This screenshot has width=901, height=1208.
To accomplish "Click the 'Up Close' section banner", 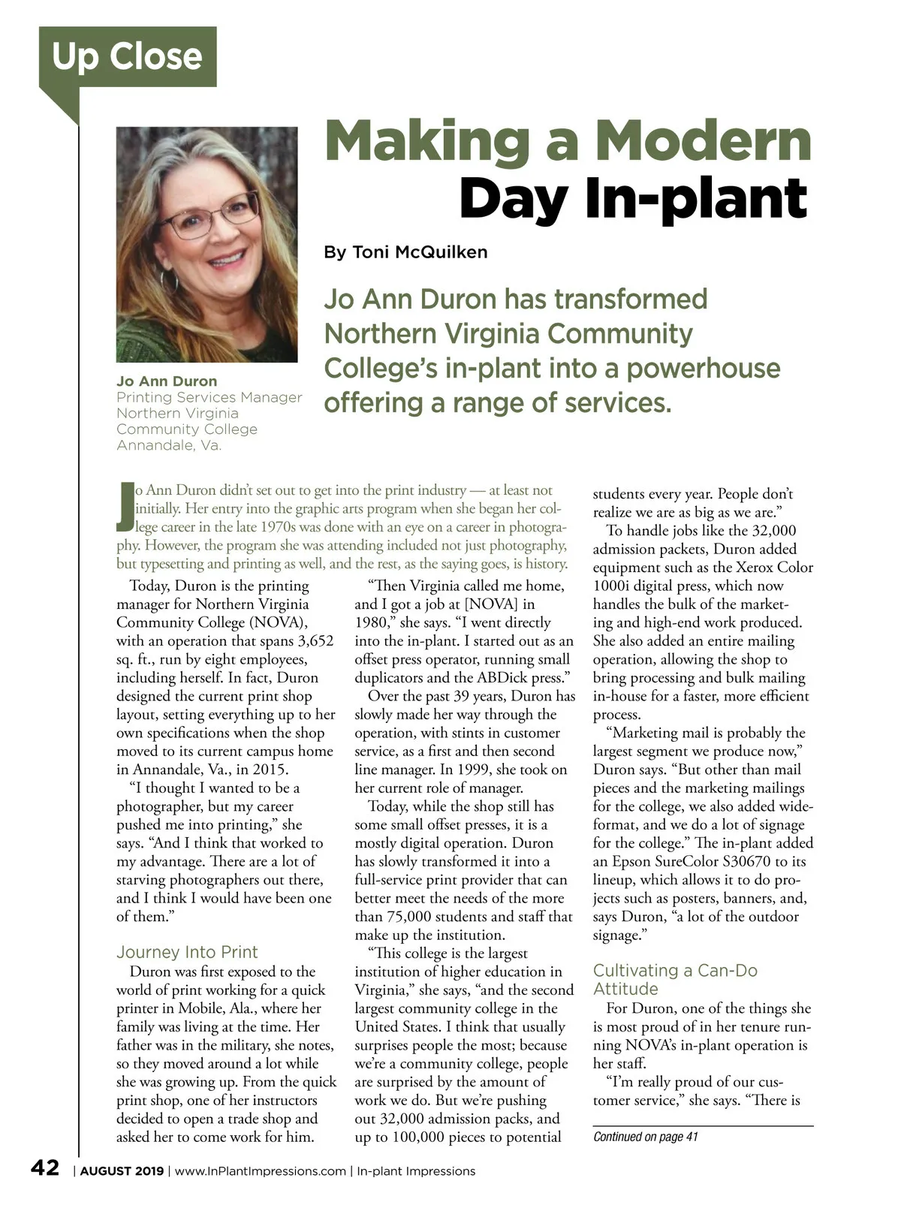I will [x=128, y=57].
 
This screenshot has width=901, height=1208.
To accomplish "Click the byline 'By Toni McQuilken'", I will [x=405, y=252].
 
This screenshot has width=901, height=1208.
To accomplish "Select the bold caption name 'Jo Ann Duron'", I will [x=167, y=381].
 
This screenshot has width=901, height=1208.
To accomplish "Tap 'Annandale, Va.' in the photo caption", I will [x=169, y=445].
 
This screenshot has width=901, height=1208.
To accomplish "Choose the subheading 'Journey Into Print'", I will [x=187, y=952].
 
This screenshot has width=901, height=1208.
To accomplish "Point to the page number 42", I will [x=44, y=1168].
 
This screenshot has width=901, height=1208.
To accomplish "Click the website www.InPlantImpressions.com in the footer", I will [x=261, y=1171].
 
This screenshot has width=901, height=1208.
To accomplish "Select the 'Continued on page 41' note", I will [x=645, y=1137].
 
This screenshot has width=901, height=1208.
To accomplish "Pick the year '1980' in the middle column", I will [x=371, y=623].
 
